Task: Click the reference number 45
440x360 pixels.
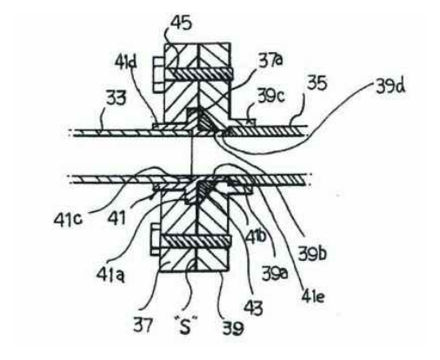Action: [x=182, y=23]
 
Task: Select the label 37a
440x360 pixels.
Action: [x=271, y=61]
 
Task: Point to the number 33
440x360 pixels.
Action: [x=117, y=97]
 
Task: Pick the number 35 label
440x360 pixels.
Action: [x=317, y=83]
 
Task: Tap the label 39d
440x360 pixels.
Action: [x=390, y=86]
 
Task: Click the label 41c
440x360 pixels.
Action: [x=68, y=220]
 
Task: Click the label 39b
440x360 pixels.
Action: [x=312, y=253]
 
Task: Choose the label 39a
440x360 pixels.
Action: [x=275, y=273]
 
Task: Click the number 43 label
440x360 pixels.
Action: [x=253, y=307]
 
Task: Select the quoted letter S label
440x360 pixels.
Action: [x=185, y=325]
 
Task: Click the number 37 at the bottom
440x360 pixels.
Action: [x=143, y=324]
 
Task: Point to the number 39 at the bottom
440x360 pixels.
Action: [x=233, y=328]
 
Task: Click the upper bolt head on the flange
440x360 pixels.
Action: [x=158, y=75]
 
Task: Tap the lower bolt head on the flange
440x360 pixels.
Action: [x=156, y=240]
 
